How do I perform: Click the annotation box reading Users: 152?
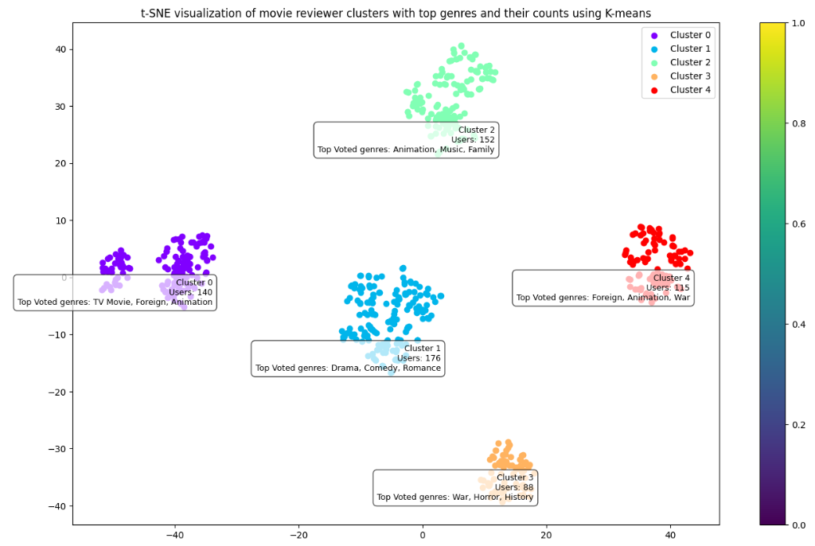pyautogui.click(x=406, y=140)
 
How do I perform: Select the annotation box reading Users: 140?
pyautogui.click(x=115, y=292)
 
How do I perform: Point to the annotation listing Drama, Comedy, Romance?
pyautogui.click(x=348, y=358)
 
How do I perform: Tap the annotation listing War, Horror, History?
pyautogui.click(x=455, y=487)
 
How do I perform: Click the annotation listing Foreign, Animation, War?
pyautogui.click(x=603, y=287)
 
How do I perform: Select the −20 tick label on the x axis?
pyautogui.click(x=298, y=536)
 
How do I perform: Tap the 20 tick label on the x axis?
pyautogui.click(x=546, y=536)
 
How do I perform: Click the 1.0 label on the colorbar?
pyautogui.click(x=797, y=23)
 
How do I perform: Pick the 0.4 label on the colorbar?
pyautogui.click(x=797, y=324)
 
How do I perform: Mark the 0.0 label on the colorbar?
pyautogui.click(x=797, y=525)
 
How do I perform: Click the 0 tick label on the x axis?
pyautogui.click(x=423, y=536)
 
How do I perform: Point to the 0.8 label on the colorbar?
pyautogui.click(x=797, y=123)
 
